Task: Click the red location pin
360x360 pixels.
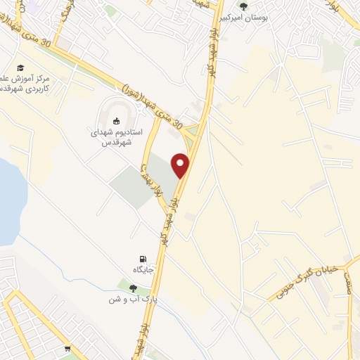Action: tap(181, 165)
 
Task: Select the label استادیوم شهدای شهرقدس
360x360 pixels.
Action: tap(117, 136)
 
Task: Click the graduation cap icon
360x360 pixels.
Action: tap(21, 67)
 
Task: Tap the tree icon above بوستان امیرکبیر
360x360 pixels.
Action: tap(244, 6)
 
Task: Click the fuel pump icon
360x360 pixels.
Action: tap(143, 259)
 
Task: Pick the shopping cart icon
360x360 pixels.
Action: tap(67, 348)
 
